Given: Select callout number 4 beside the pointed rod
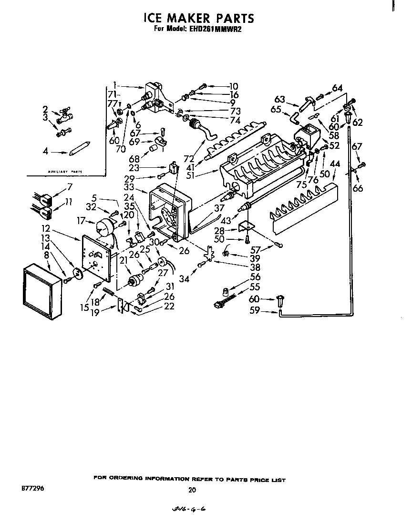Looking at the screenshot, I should click(x=46, y=152).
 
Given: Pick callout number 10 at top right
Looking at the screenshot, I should click(x=233, y=86).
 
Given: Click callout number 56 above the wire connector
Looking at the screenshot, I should click(x=256, y=277).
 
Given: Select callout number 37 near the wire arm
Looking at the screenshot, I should click(x=219, y=208).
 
